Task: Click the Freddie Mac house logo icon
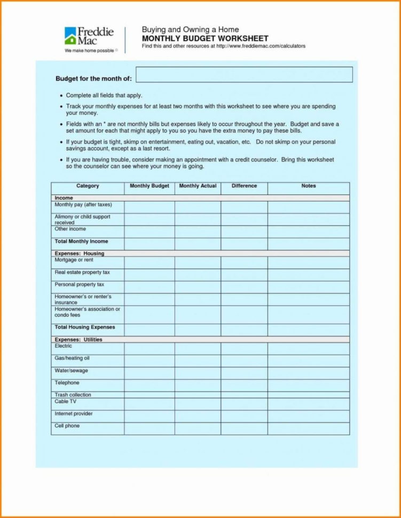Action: [x=70, y=36]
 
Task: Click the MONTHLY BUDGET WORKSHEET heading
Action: [x=205, y=38]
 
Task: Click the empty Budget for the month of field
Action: [x=244, y=75]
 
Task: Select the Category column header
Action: [x=88, y=186]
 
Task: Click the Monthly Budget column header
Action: [x=150, y=186]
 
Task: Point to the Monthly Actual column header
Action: [x=198, y=186]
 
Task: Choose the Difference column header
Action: [x=244, y=186]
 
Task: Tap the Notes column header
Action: [x=308, y=186]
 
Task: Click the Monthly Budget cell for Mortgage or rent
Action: [x=150, y=262]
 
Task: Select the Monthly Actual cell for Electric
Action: [x=198, y=348]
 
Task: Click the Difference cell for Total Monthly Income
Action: [x=244, y=244]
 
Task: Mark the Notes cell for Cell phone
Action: [x=308, y=428]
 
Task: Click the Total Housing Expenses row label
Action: [x=84, y=327]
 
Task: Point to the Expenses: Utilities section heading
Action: [x=78, y=340]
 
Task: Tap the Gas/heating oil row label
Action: [x=72, y=358]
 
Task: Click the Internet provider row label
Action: [x=74, y=414]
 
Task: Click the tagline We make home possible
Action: [x=89, y=50]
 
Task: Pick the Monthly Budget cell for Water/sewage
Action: [x=150, y=373]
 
